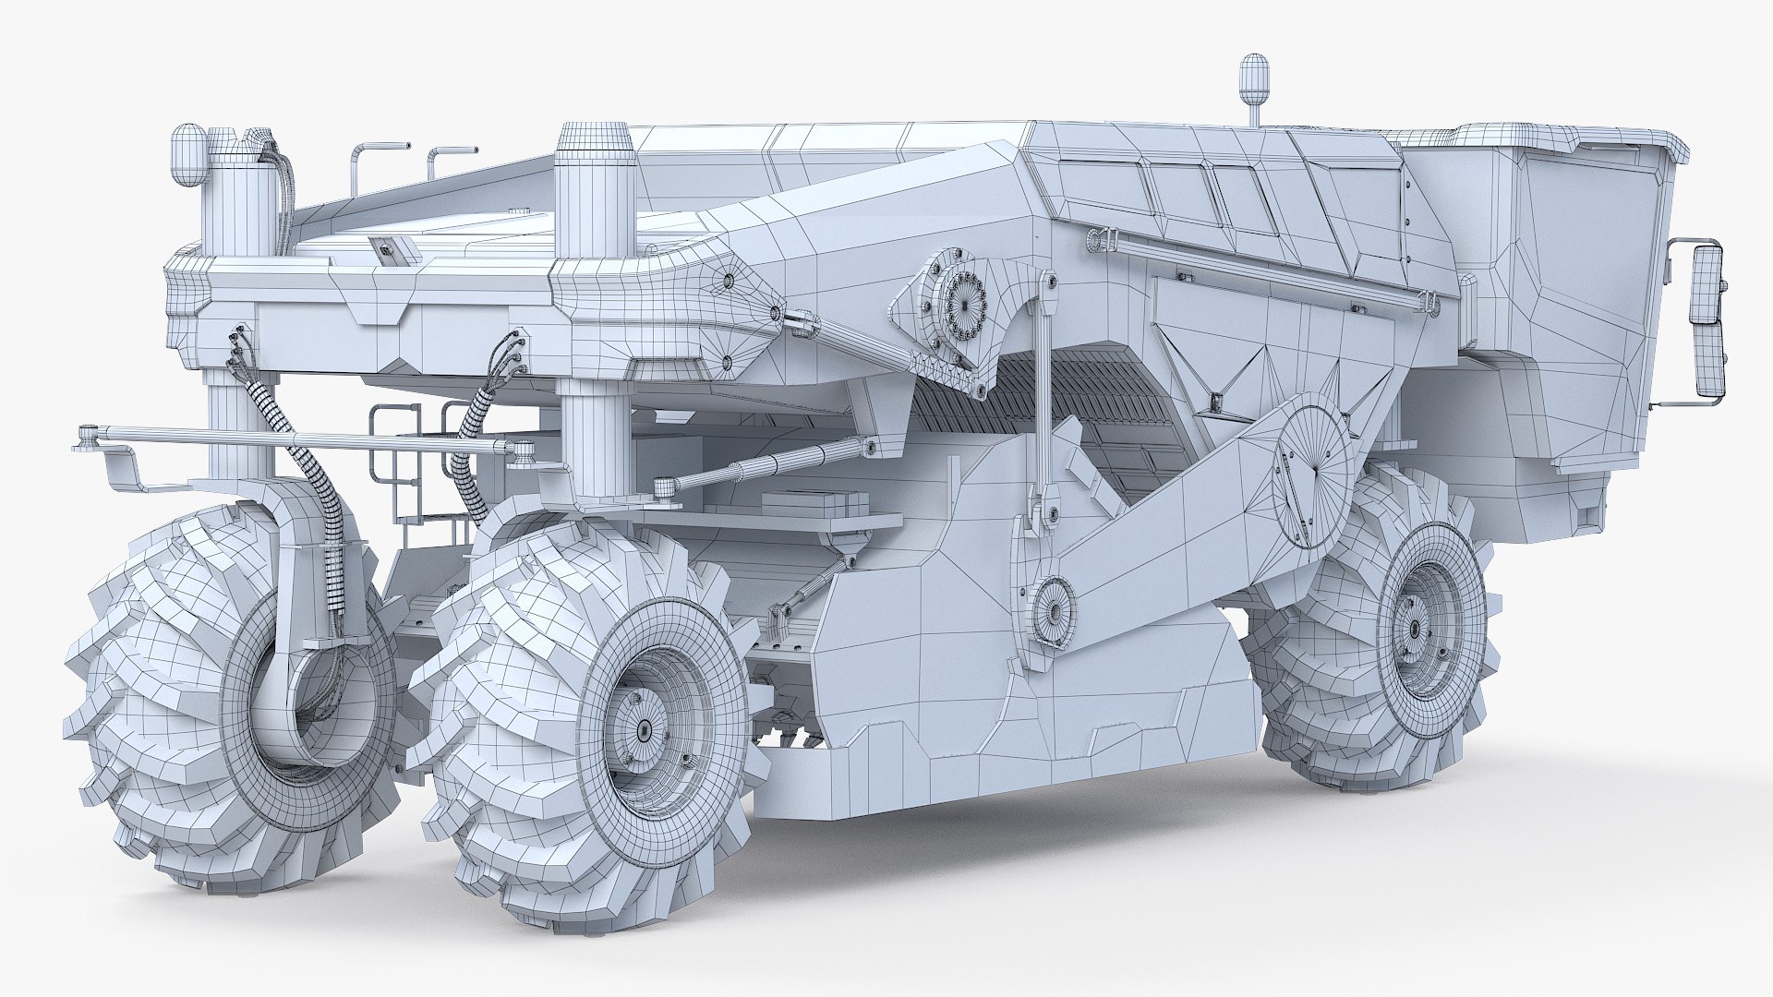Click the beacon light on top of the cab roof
1254,78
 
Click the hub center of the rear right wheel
1416,628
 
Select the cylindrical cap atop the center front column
595,143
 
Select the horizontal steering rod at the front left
295,440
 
